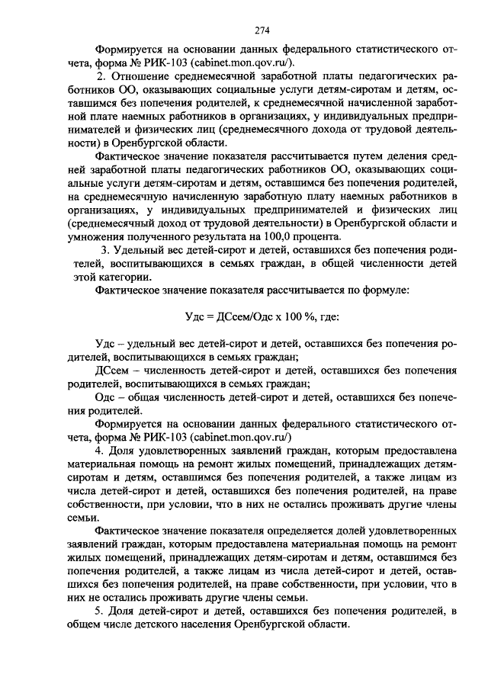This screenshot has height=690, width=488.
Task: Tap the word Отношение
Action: tap(142, 77)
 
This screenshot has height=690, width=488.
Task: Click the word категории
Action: tap(136, 278)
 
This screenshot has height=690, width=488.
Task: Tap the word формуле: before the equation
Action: tap(384, 290)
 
